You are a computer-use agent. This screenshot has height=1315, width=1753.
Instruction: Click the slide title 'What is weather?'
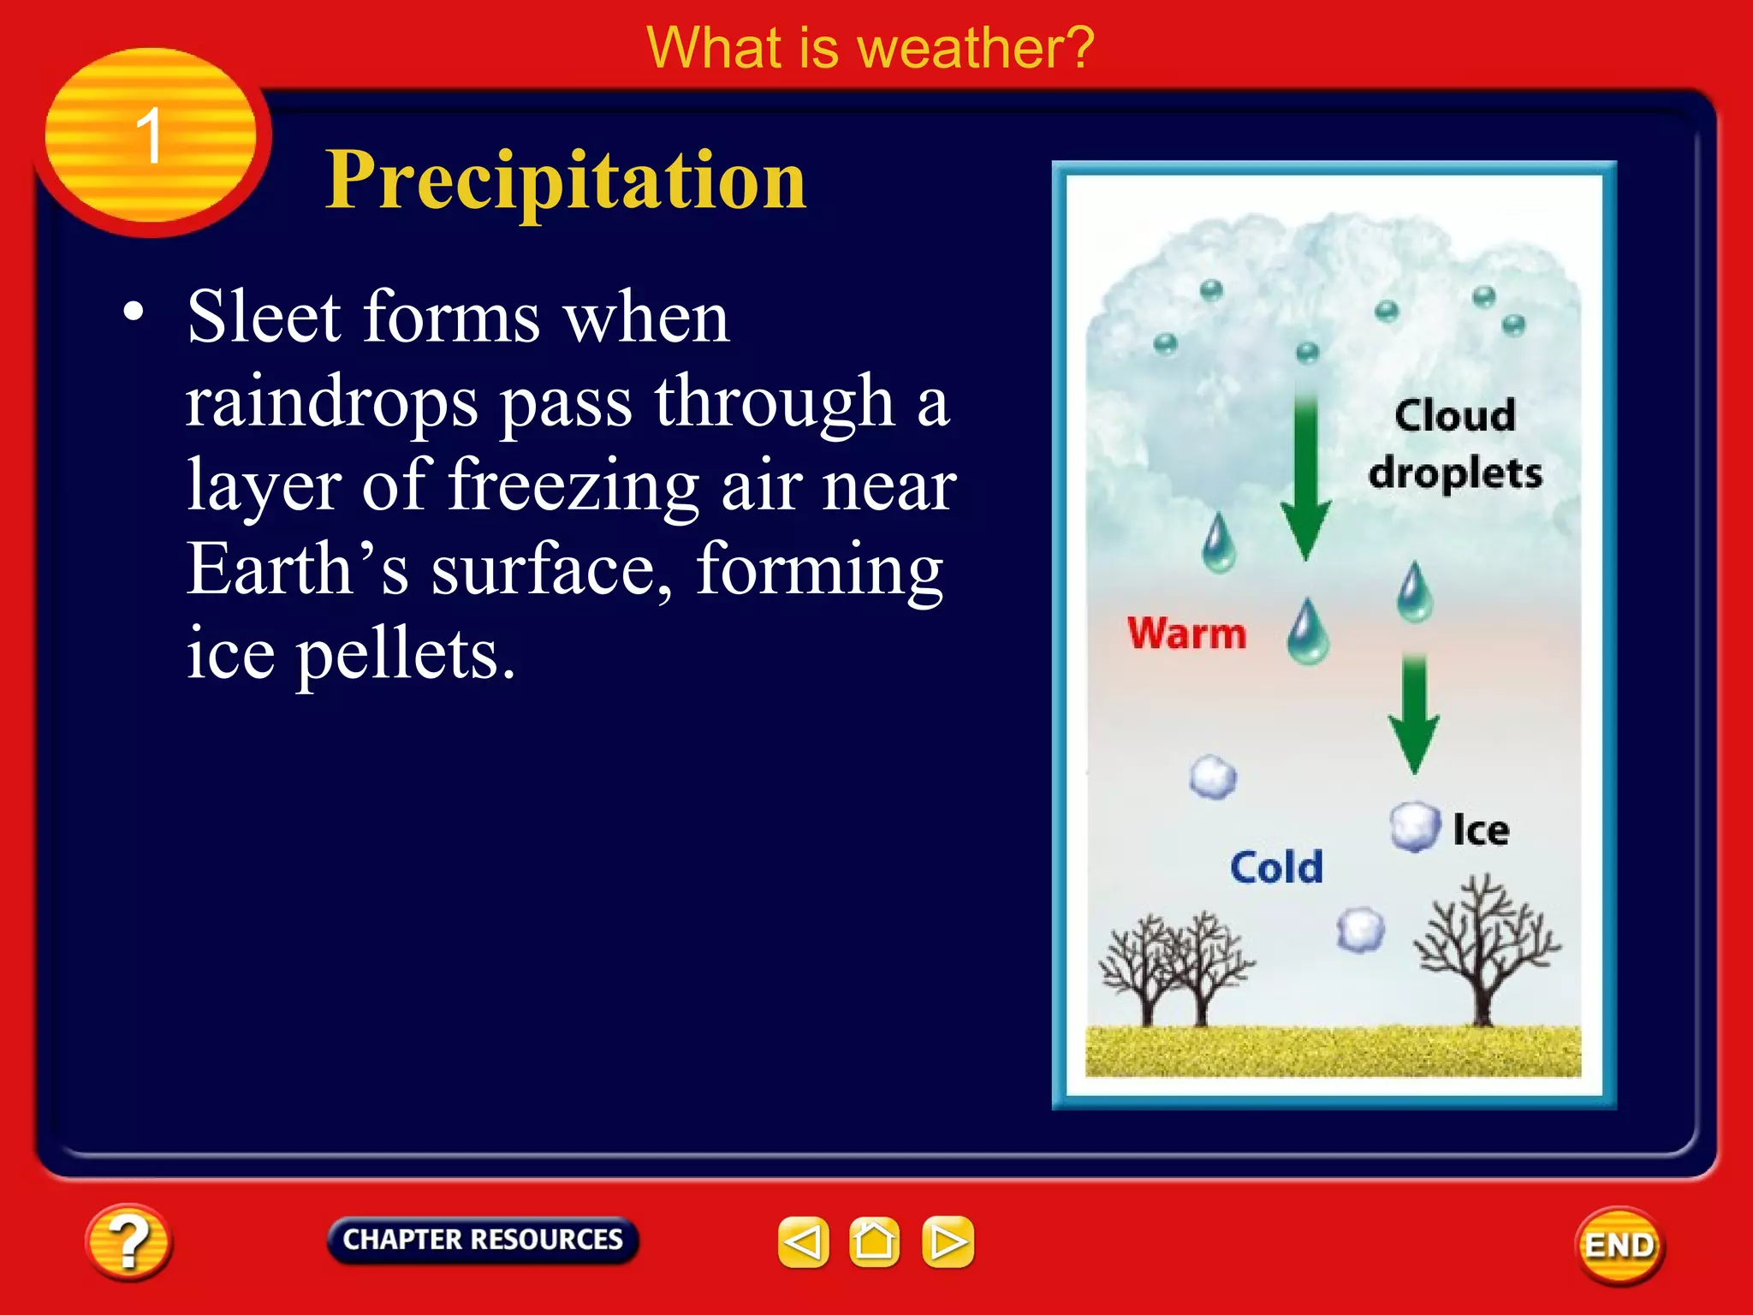pos(871,48)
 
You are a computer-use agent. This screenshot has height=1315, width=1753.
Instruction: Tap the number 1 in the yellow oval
pos(150,135)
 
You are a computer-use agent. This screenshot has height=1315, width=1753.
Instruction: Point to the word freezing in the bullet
pos(573,485)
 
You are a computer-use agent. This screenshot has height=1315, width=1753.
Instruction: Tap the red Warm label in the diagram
pos(1186,634)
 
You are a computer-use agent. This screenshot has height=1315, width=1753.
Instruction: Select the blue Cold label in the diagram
pos(1276,867)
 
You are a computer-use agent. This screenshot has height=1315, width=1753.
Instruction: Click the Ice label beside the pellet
pos(1481,830)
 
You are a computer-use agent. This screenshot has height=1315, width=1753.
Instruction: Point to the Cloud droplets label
pos(1455,443)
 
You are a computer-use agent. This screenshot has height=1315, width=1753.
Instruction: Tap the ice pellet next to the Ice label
pos(1414,827)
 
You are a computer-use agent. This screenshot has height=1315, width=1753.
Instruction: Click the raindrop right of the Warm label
pos(1308,634)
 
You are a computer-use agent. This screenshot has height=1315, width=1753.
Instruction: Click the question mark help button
pos(128,1241)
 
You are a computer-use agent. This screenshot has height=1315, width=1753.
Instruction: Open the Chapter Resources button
pos(483,1240)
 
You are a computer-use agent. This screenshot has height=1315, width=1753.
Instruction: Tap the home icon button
pos(874,1241)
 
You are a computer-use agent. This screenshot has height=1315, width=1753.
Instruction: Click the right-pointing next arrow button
pos(948,1241)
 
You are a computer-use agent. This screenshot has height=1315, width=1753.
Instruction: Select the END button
pos(1619,1245)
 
